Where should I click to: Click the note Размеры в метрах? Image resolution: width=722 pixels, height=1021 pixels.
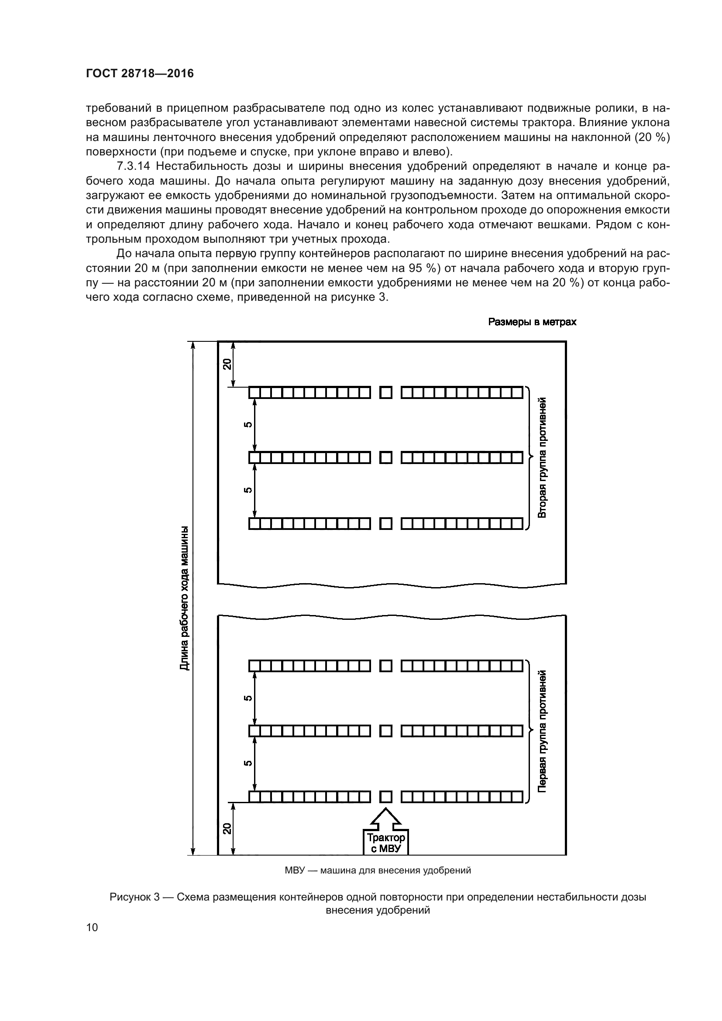532,322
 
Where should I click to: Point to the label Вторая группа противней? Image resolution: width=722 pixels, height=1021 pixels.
542,458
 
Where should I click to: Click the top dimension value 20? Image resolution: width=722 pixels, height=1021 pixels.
227,364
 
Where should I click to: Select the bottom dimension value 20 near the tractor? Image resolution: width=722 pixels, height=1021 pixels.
227,828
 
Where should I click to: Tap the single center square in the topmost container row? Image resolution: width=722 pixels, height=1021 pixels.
386,393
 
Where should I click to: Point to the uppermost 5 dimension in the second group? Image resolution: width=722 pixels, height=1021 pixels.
248,425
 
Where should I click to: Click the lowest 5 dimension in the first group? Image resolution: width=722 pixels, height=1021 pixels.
248,763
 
